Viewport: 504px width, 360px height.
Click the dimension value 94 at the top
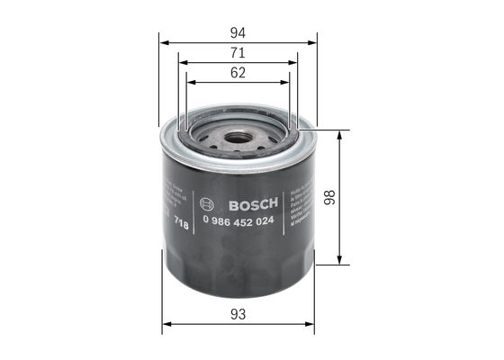[238, 31]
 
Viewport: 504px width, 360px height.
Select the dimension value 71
[238, 54]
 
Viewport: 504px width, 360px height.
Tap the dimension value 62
[238, 75]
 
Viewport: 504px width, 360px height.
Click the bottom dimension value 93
[238, 314]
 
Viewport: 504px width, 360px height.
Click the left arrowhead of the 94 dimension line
[162, 41]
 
